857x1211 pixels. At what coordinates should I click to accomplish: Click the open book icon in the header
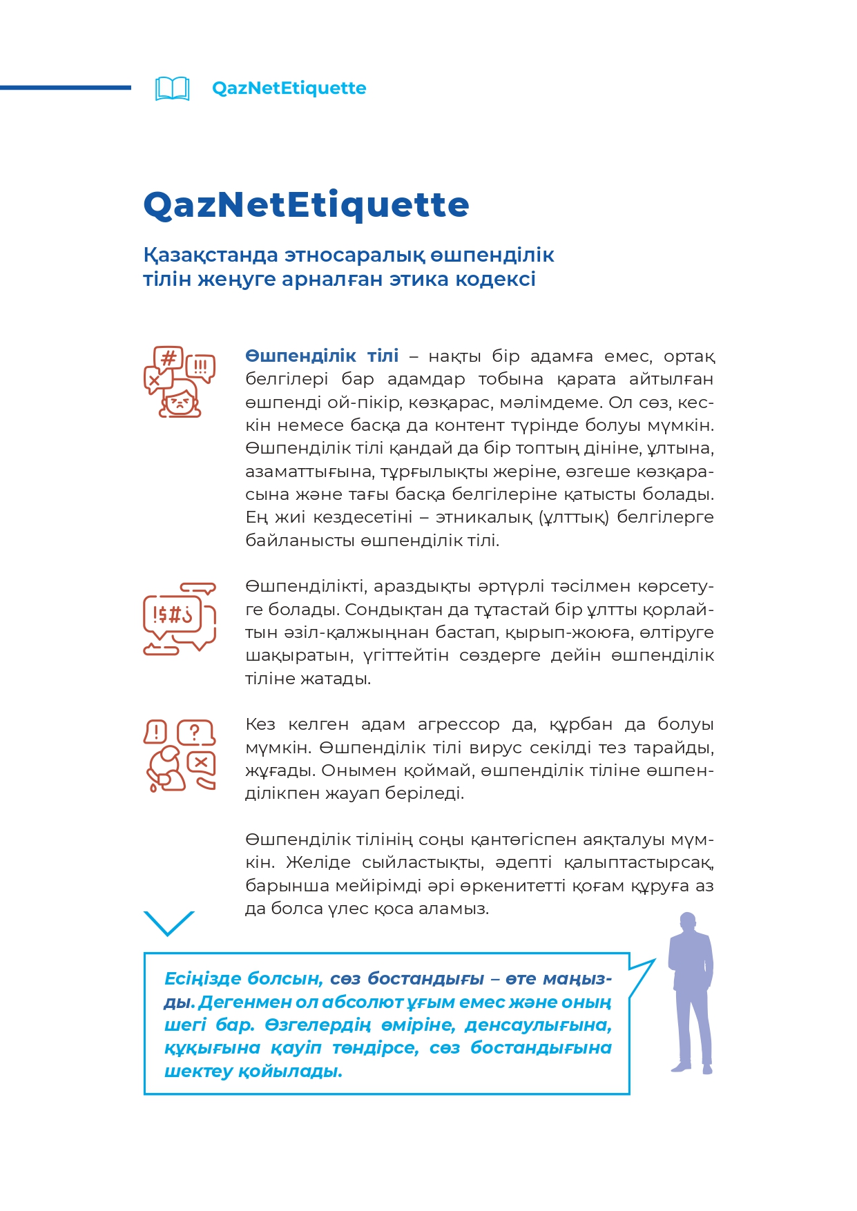tap(172, 88)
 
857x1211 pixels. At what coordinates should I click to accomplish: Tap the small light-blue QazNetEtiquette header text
tap(289, 88)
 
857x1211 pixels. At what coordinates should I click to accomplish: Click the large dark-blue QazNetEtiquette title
tap(306, 205)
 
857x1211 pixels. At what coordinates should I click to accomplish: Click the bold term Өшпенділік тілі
tap(322, 356)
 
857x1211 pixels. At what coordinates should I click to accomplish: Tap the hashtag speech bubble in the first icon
tap(168, 359)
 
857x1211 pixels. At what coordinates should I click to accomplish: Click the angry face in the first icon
tap(180, 400)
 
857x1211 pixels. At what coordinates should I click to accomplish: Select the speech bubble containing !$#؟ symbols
tap(173, 614)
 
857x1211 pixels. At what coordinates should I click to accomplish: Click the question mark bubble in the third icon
tap(195, 732)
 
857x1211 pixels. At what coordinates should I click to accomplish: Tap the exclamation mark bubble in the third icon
tap(156, 731)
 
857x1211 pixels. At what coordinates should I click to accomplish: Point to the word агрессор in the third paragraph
tap(459, 725)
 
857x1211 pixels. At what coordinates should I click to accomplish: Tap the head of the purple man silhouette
tap(687, 922)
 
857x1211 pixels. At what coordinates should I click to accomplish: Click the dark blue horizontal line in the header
tap(66, 88)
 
